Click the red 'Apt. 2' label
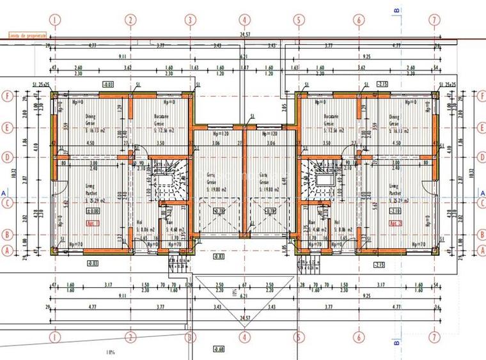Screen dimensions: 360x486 click(395, 223)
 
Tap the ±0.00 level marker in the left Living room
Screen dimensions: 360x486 click(94, 211)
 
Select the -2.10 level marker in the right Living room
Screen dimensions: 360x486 click(396, 211)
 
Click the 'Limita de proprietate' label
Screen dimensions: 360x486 click(26, 36)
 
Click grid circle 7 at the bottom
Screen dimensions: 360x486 click(435, 337)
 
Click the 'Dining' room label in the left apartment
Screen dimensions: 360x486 click(91, 117)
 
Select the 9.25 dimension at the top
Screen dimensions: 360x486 click(381, 57)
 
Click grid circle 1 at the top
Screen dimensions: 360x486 click(56, 20)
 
